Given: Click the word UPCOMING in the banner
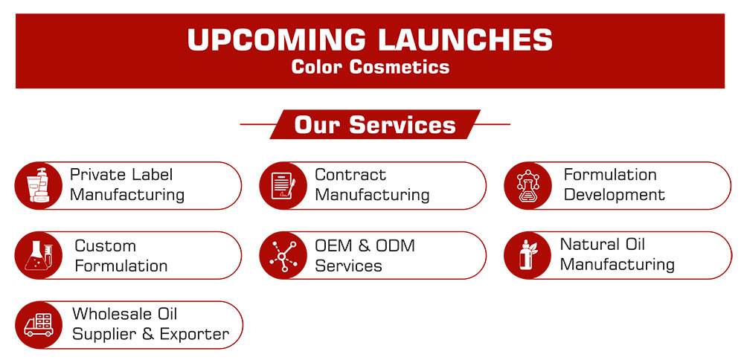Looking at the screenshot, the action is point(276,39).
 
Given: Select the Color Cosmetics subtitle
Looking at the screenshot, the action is point(370,66).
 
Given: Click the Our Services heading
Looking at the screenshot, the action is point(375,125).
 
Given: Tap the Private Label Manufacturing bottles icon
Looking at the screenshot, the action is point(39,185).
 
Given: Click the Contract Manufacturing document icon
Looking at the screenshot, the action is point(283,185).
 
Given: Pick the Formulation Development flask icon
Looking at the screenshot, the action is point(527,185).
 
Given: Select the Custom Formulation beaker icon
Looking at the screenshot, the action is point(39,255).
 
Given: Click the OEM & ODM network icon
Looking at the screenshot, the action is point(283,256).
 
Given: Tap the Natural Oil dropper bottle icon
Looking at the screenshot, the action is point(527,255).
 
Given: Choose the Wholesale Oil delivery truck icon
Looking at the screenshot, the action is point(39,325).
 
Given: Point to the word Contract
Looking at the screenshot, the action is point(350,175).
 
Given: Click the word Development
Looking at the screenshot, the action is point(615,195).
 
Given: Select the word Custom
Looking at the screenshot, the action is point(106,245).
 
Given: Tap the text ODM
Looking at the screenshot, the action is point(395,245).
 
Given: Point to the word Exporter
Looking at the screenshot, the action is point(194,335).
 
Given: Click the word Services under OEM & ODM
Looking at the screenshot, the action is point(349,266).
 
